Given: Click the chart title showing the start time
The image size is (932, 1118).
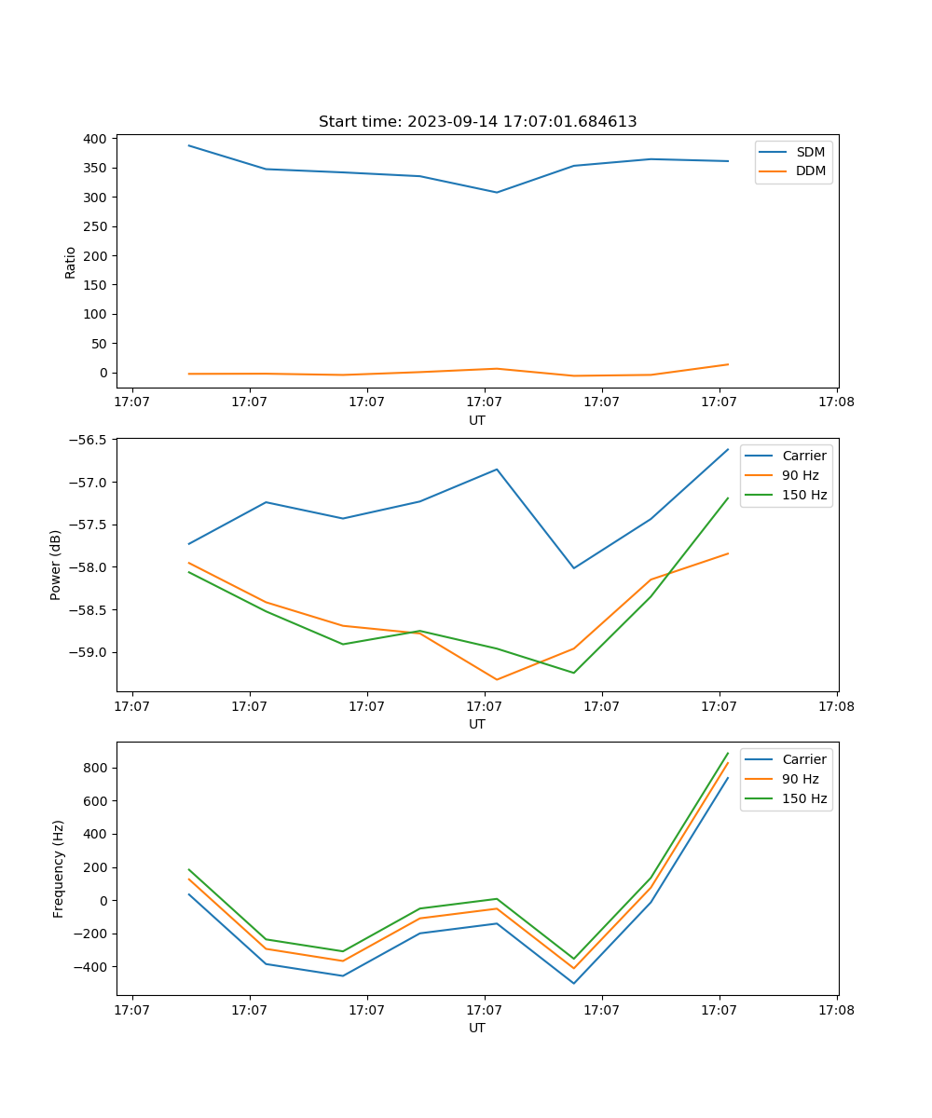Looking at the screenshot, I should click(x=477, y=122).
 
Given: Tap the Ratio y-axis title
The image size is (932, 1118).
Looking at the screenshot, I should click(x=71, y=262).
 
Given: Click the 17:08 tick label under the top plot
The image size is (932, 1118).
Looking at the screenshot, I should click(x=836, y=402).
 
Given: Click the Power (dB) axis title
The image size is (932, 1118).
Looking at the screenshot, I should click(x=56, y=565).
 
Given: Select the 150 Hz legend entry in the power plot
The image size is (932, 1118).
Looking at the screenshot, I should click(x=804, y=495).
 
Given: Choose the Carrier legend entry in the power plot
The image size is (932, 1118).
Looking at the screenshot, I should click(x=804, y=456).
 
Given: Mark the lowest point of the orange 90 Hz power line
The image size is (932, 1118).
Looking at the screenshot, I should click(x=497, y=679).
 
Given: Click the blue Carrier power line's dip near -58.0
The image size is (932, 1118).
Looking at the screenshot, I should click(x=574, y=567).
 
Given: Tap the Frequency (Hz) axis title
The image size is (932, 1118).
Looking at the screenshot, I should click(x=59, y=868).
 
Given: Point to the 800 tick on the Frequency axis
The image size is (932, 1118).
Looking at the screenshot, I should click(x=98, y=768).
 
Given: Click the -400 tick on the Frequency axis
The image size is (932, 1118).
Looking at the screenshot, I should click(x=93, y=967).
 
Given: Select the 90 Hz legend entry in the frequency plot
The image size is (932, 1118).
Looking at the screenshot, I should click(x=801, y=779).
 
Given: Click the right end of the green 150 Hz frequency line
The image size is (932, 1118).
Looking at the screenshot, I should click(x=728, y=753).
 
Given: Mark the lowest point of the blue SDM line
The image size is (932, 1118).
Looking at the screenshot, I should click(x=497, y=193).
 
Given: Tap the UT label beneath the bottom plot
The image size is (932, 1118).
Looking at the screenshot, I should click(x=477, y=1028).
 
